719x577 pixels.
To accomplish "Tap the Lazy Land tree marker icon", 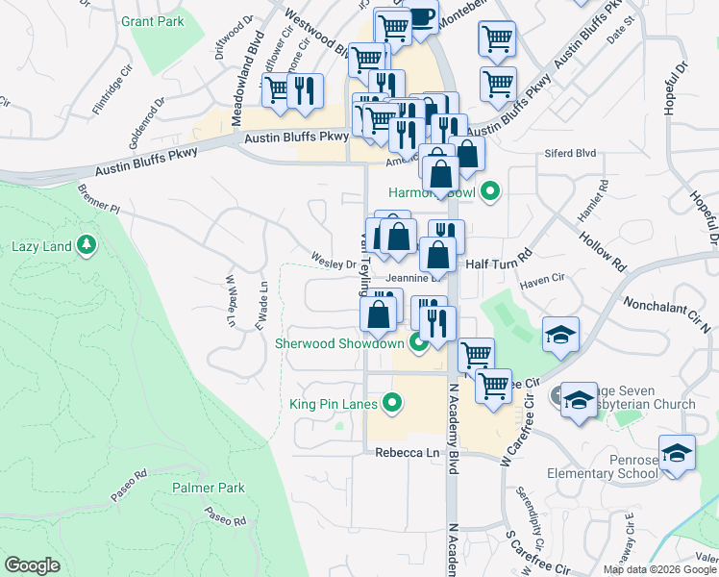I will [87, 245].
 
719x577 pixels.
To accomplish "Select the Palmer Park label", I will [205, 488].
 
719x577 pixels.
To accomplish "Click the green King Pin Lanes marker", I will [391, 404].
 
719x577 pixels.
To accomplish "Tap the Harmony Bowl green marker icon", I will [491, 192].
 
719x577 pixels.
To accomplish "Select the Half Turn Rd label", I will [499, 262].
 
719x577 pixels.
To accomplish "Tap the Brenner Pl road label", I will [100, 198].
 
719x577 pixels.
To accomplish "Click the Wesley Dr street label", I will [334, 261].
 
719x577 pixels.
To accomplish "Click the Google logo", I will [32, 565].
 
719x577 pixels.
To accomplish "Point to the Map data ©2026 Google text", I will [660, 569].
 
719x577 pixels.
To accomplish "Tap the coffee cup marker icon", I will [420, 15].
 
